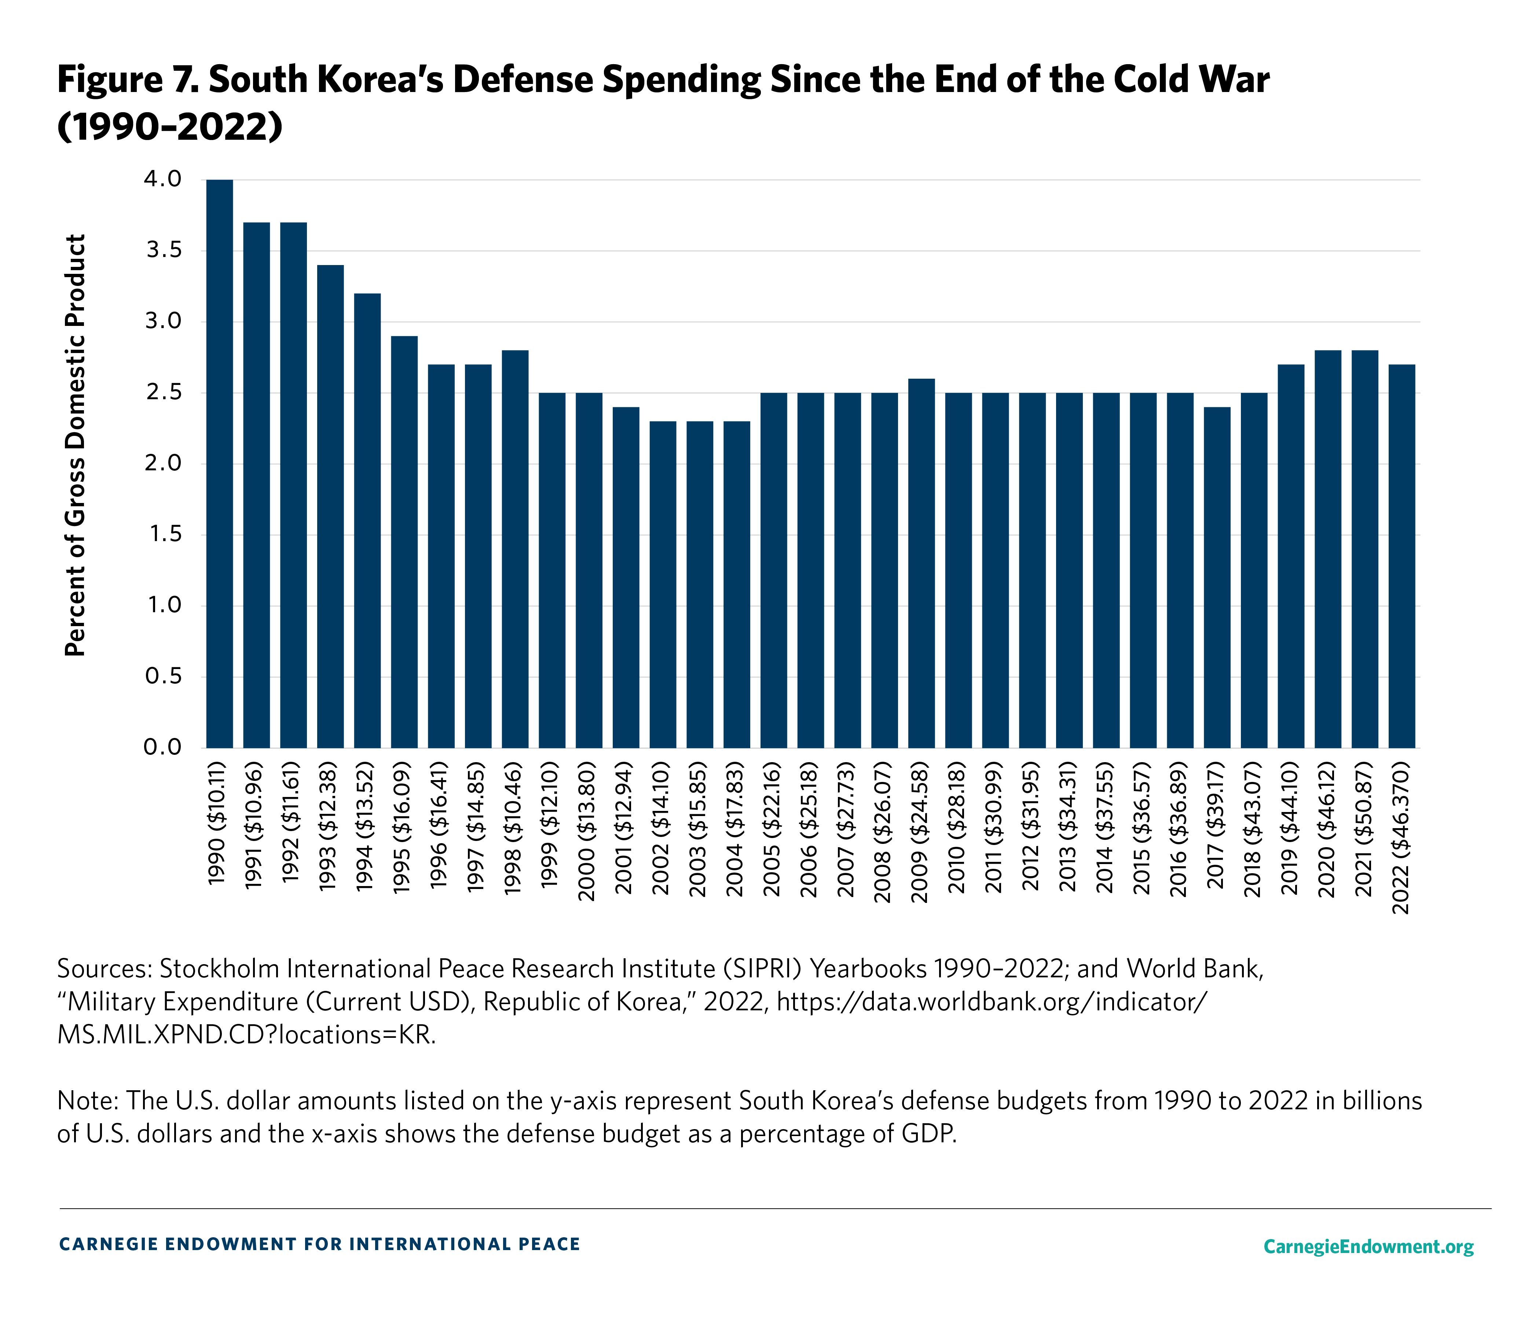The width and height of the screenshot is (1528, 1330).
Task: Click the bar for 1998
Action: click(515, 549)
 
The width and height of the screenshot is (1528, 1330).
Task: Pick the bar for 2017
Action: click(1217, 577)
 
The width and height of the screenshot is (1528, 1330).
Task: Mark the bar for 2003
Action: click(700, 585)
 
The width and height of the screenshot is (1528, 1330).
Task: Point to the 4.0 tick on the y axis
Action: click(163, 180)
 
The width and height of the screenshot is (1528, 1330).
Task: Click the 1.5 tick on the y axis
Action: click(163, 534)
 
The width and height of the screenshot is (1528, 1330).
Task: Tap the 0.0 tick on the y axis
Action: click(163, 747)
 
